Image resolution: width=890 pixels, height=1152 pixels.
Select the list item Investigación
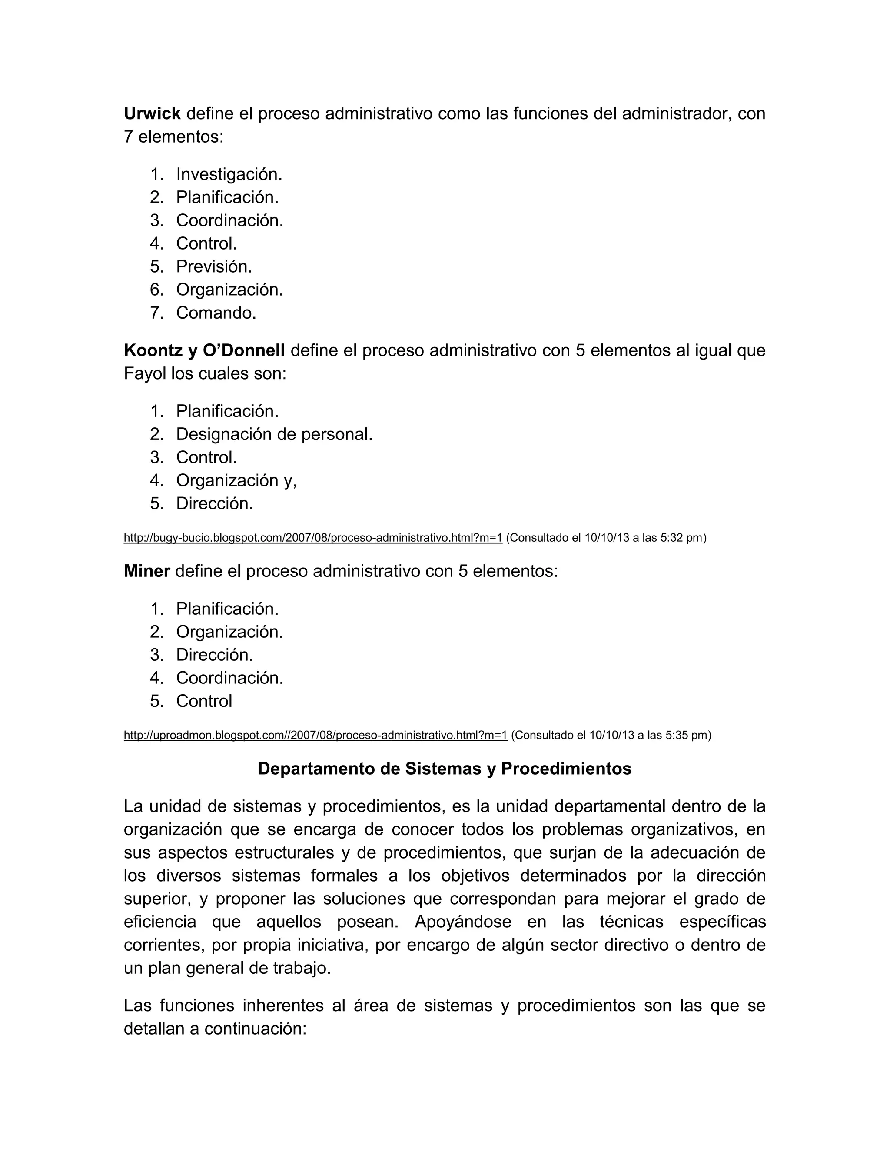pos(229,174)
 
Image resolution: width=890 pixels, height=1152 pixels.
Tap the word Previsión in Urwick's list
pos(213,266)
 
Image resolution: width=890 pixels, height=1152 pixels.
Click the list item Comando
pos(216,313)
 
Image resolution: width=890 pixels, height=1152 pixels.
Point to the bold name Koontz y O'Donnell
pos(204,350)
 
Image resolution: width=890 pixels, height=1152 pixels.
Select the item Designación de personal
pos(274,434)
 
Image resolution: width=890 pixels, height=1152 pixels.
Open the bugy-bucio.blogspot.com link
pos(312,538)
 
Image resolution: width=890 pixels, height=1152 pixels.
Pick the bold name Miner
pos(146,571)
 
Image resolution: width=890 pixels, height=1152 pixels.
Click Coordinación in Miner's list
pos(229,678)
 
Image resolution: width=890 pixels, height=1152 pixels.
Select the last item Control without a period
pos(204,701)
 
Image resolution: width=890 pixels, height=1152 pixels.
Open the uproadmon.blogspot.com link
pos(315,735)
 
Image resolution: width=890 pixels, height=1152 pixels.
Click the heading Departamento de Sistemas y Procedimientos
pos(445,769)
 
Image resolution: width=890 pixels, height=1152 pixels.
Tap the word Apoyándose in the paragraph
pos(462,922)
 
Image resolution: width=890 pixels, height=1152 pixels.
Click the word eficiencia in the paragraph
pos(160,922)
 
